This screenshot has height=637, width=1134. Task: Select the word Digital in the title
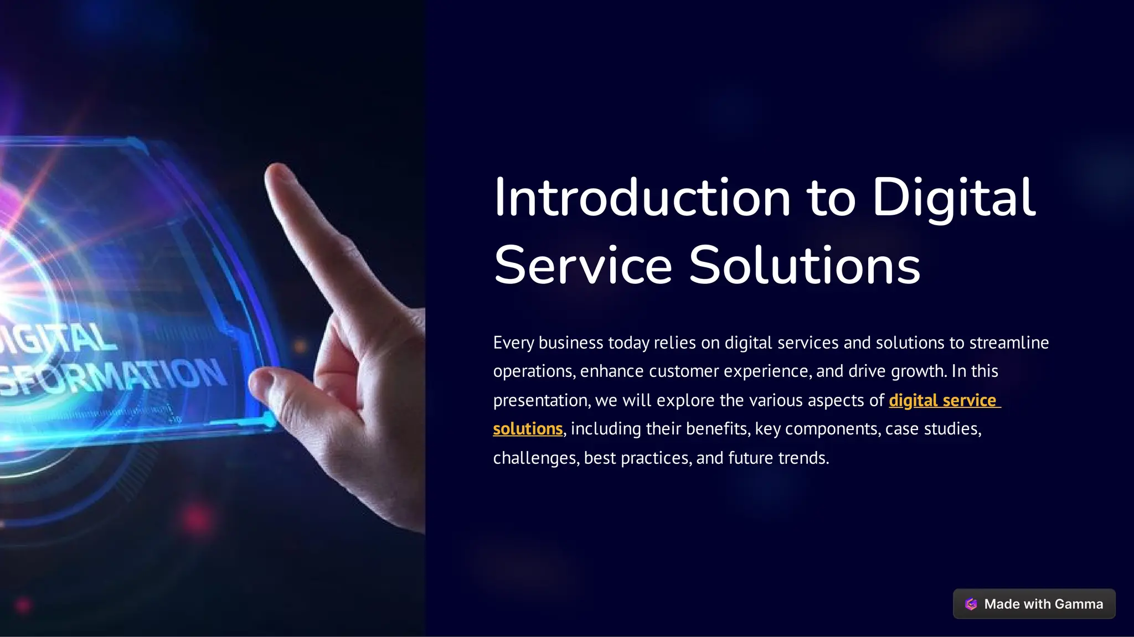click(953, 198)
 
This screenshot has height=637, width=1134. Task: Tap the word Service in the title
click(583, 266)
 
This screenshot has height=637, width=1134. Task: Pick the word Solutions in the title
click(804, 266)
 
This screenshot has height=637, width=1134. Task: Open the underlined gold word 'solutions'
click(528, 429)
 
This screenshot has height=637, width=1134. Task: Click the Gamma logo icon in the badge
click(971, 604)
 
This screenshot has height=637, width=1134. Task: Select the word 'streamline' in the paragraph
click(1009, 343)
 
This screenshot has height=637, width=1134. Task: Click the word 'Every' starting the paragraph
click(513, 343)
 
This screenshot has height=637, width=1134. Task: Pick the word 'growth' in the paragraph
click(917, 371)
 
